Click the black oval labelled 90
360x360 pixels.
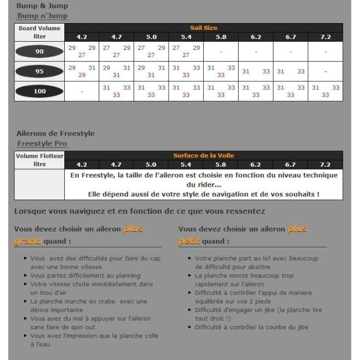click(40, 51)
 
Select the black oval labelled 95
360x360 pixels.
click(40, 71)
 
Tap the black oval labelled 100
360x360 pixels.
click(40, 92)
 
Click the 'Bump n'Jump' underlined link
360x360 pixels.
click(42, 16)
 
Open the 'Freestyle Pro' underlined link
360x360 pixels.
click(42, 143)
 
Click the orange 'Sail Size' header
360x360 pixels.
click(203, 28)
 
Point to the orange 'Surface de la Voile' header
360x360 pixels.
click(203, 155)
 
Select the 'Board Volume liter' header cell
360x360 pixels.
click(40, 32)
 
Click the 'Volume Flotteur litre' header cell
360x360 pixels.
click(40, 160)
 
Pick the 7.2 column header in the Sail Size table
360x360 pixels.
click(326, 37)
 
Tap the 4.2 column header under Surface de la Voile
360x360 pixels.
click(82, 165)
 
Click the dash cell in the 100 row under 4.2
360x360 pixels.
click(82, 92)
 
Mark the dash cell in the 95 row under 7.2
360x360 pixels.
click(326, 71)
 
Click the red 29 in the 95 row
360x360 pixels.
click(82, 75)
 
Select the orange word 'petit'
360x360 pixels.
click(190, 241)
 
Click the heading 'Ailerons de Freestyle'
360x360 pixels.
click(56, 133)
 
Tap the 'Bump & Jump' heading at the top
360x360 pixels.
click(42, 6)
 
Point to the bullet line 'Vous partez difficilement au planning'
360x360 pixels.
click(85, 276)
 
